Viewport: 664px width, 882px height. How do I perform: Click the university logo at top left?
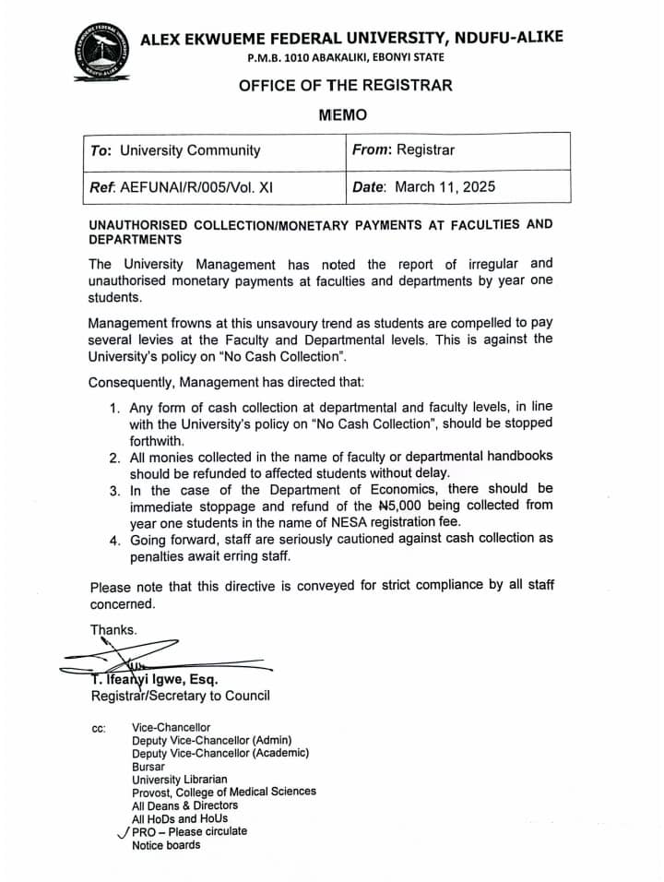(101, 53)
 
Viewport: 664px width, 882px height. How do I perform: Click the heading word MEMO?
(342, 115)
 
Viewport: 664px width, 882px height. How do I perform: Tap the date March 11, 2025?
(445, 186)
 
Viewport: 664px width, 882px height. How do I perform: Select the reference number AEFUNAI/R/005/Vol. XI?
(196, 186)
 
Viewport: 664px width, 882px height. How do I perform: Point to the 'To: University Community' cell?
(175, 150)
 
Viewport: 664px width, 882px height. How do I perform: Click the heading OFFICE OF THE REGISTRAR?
(346, 86)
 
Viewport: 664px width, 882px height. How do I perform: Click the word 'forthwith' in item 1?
(158, 440)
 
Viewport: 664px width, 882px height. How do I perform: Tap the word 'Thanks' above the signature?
(113, 630)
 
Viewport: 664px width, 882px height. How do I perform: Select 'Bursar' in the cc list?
(148, 767)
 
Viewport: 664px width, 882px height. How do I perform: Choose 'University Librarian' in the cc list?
(179, 780)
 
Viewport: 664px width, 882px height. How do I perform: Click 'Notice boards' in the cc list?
(166, 844)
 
